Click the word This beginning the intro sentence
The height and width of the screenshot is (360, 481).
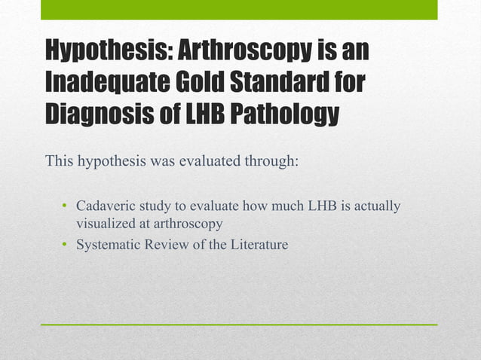click(x=60, y=162)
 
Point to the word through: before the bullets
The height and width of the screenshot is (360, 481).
click(x=271, y=162)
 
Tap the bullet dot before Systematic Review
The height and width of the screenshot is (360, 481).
click(x=65, y=245)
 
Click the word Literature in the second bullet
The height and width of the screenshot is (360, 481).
click(x=259, y=244)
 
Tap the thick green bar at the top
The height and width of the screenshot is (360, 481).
click(x=239, y=9)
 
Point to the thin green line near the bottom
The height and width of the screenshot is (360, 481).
click(x=239, y=325)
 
